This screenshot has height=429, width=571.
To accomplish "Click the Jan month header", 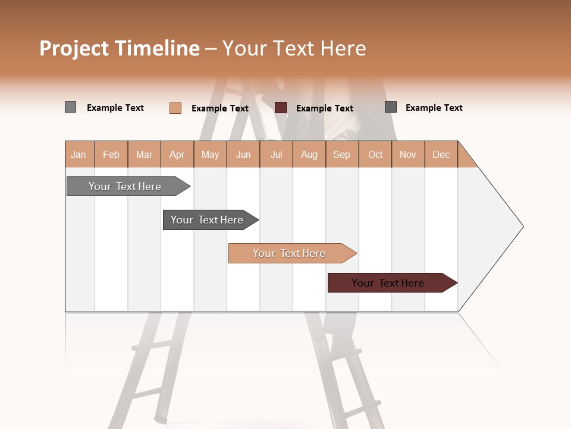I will pos(79,155).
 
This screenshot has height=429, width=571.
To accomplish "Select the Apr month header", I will pos(177,155).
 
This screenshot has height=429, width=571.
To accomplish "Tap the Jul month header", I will pos(276,155).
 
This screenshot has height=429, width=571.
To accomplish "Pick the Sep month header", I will pos(341,155).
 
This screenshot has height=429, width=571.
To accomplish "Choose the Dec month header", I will pos(441,155).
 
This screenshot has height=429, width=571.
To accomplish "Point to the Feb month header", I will pos(111,155).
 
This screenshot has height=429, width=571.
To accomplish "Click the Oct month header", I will pos(375,155).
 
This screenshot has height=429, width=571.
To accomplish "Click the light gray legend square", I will pos(71,107).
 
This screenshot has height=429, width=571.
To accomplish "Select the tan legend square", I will pos(175,108).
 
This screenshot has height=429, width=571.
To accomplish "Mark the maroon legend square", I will pos(281,108).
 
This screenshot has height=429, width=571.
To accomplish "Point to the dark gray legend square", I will pos(391,107).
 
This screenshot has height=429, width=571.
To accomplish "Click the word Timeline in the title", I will pos(157,48).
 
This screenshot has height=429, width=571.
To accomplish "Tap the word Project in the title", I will pos(74,48).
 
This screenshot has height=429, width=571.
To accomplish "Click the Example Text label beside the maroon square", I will pos(324,108).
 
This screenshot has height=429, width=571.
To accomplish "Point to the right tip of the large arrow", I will pos(522,226).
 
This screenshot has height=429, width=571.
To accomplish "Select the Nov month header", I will pos(408,155).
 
